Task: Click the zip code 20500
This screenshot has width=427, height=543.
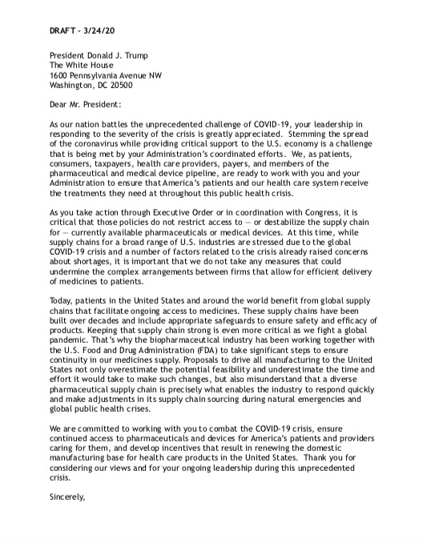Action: [x=118, y=85]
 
